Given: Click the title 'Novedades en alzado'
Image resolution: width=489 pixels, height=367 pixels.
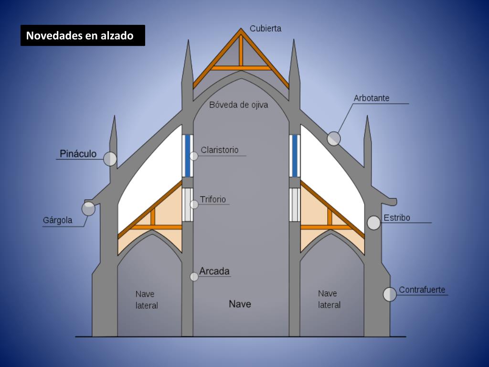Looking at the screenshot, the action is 80,36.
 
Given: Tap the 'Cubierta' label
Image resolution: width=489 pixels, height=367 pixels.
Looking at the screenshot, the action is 266,28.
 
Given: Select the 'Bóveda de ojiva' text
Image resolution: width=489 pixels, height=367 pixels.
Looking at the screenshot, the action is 239,105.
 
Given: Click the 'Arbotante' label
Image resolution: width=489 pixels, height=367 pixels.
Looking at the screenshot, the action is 372,98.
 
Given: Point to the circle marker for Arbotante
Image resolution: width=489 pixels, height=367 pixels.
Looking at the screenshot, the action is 334,139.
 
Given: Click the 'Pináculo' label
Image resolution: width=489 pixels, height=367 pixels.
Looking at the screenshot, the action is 78,154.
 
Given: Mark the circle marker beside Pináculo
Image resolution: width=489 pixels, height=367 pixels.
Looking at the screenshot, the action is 110,159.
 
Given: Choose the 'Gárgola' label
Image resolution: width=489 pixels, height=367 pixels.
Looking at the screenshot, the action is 58,220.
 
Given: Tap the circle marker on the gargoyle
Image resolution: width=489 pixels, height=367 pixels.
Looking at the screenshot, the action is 88,209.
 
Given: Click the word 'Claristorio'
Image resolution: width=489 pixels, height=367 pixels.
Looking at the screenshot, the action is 219,150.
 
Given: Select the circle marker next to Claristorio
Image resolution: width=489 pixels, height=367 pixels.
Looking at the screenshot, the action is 194,156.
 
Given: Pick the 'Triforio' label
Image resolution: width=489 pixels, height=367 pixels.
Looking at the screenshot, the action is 213,199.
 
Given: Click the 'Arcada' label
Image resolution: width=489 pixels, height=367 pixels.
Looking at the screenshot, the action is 214,271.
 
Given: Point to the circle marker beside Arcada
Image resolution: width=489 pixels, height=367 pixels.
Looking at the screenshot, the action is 194,276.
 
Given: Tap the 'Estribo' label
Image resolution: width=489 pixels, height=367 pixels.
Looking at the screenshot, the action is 397,218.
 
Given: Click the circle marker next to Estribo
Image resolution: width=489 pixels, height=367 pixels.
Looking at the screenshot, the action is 374,223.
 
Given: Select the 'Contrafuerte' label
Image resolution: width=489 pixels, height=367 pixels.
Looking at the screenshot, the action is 422,290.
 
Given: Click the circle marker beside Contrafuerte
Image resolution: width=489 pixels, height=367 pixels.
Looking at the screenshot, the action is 390,294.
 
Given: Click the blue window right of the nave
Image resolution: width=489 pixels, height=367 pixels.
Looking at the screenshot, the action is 295,156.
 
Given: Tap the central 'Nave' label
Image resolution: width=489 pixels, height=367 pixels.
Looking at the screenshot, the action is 240,304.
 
